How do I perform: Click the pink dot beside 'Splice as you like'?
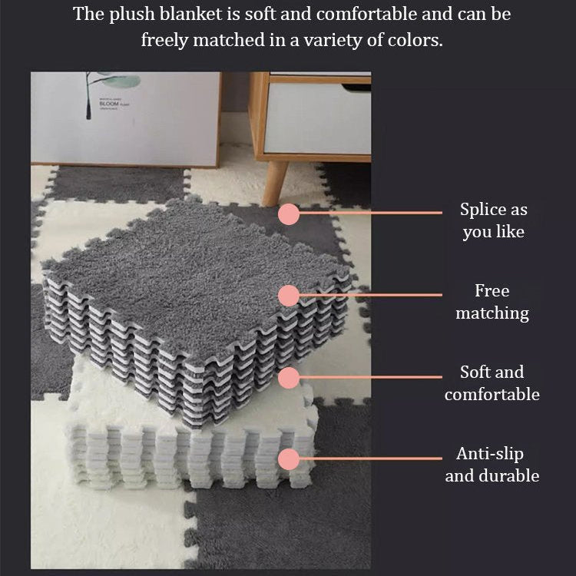289,214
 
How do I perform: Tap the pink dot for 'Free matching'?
289,296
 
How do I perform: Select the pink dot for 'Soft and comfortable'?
289,378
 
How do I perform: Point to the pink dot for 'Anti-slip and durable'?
289,459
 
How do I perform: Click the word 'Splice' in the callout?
480,210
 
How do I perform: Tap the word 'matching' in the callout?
492,313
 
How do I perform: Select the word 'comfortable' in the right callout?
492,395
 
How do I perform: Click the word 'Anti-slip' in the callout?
490,455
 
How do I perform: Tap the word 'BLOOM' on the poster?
109,104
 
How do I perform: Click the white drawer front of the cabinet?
317,118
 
